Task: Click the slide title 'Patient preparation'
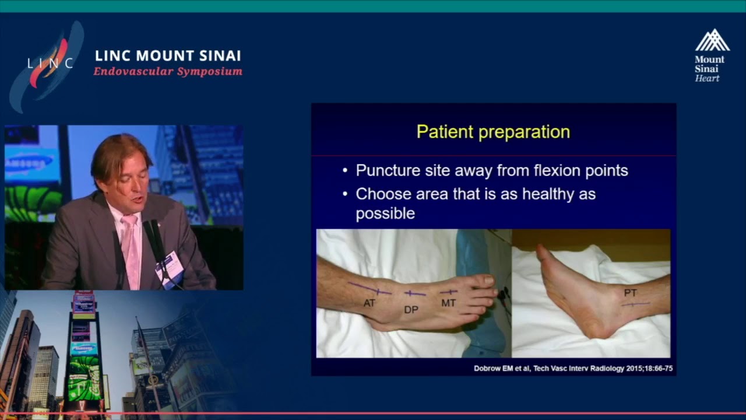[493, 132]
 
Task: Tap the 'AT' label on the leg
[370, 303]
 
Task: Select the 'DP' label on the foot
[411, 310]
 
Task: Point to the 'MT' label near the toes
[448, 303]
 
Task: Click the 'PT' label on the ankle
[630, 293]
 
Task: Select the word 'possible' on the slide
[385, 213]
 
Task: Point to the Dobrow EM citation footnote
[573, 368]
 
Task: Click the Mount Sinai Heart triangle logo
[712, 40]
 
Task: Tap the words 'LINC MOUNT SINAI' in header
[168, 55]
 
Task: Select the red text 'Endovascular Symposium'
[168, 71]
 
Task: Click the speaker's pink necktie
[132, 250]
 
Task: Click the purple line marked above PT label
[636, 304]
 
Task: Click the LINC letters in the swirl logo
[50, 62]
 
